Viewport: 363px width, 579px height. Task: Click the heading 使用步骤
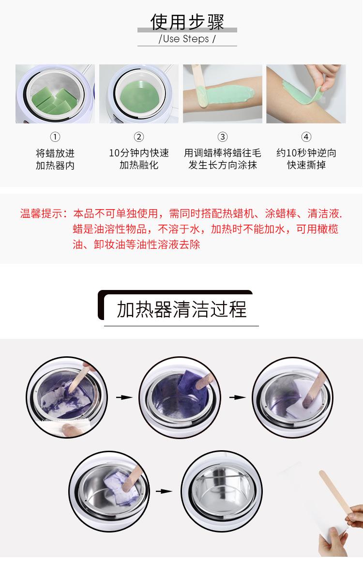point(187,22)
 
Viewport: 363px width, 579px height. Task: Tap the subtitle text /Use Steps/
point(187,39)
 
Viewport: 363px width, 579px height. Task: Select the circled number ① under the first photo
point(55,137)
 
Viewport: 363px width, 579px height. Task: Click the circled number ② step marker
point(139,137)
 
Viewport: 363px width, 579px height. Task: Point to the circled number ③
point(222,137)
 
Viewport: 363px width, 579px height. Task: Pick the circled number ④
point(306,137)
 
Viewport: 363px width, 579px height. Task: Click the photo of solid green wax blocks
point(55,94)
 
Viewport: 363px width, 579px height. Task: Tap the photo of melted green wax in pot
point(139,94)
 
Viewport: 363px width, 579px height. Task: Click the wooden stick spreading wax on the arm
point(199,82)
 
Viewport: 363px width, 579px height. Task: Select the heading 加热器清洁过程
point(181,309)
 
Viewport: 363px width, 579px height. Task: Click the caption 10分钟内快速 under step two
point(139,153)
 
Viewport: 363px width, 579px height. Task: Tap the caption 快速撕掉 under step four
point(306,165)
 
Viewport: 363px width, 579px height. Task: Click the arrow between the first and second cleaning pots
point(124,397)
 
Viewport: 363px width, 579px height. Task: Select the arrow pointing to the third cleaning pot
point(237,397)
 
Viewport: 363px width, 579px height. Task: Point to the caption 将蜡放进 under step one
point(55,153)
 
